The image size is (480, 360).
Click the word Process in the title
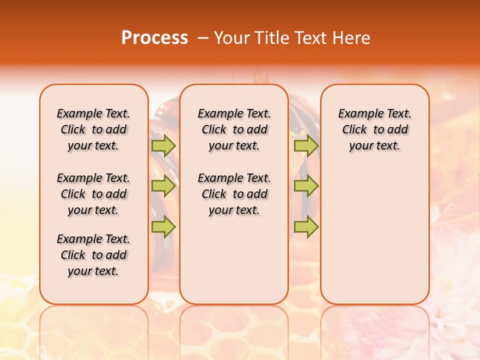pyautogui.click(x=154, y=38)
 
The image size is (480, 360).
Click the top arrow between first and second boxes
pyautogui.click(x=163, y=145)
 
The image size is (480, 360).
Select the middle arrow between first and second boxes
pyautogui.click(x=163, y=186)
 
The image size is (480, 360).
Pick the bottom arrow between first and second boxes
pyautogui.click(x=163, y=226)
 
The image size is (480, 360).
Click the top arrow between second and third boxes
pyautogui.click(x=306, y=145)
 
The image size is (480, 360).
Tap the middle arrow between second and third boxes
pyautogui.click(x=306, y=186)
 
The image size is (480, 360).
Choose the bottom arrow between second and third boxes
pyautogui.click(x=306, y=226)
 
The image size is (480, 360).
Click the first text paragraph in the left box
pyautogui.click(x=93, y=129)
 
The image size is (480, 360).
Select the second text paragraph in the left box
pyautogui.click(x=93, y=194)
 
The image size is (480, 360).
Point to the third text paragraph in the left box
pyautogui.click(x=93, y=255)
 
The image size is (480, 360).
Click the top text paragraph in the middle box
pyautogui.click(x=234, y=129)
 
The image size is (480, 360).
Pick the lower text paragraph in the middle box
pyautogui.click(x=234, y=194)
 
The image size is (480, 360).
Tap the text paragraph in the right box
pyautogui.click(x=374, y=129)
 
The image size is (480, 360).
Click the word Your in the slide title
pyautogui.click(x=232, y=38)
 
